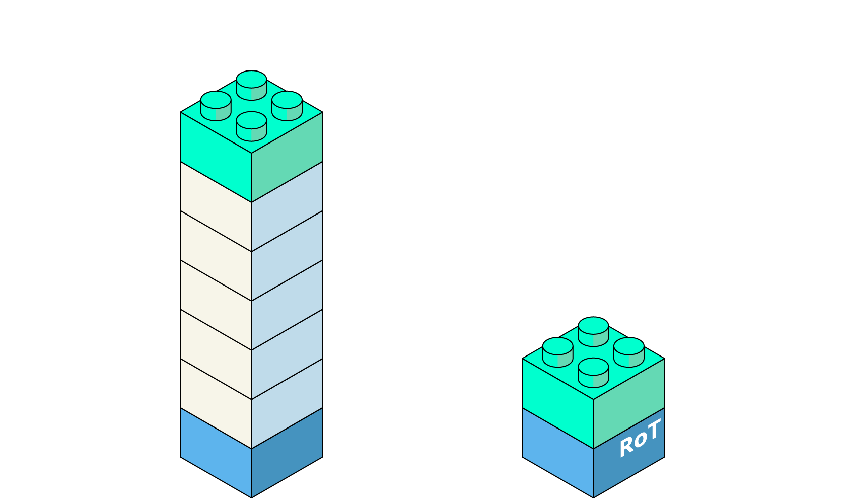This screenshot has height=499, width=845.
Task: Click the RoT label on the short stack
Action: pyautogui.click(x=639, y=439)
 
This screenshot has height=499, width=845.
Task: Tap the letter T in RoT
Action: pyautogui.click(x=653, y=431)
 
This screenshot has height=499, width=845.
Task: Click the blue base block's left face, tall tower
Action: pyautogui.click(x=216, y=453)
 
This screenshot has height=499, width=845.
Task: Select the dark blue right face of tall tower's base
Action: pyautogui.click(x=287, y=453)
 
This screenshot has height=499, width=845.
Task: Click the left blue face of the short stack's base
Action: pyautogui.click(x=557, y=453)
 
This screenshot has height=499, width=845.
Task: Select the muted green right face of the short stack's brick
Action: pyautogui.click(x=629, y=398)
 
